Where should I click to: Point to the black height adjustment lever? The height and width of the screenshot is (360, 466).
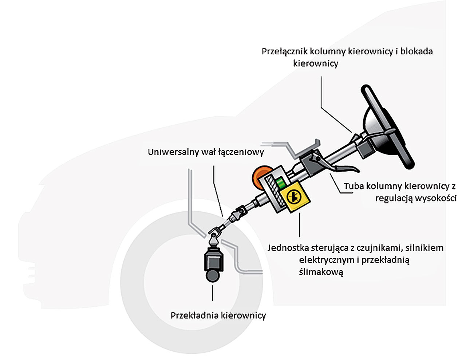342,168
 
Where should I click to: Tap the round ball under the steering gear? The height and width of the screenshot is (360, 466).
213,275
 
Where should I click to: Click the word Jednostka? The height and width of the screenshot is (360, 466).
288,248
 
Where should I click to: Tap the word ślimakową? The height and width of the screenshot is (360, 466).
321,272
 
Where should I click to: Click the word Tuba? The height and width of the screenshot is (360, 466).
353,186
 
